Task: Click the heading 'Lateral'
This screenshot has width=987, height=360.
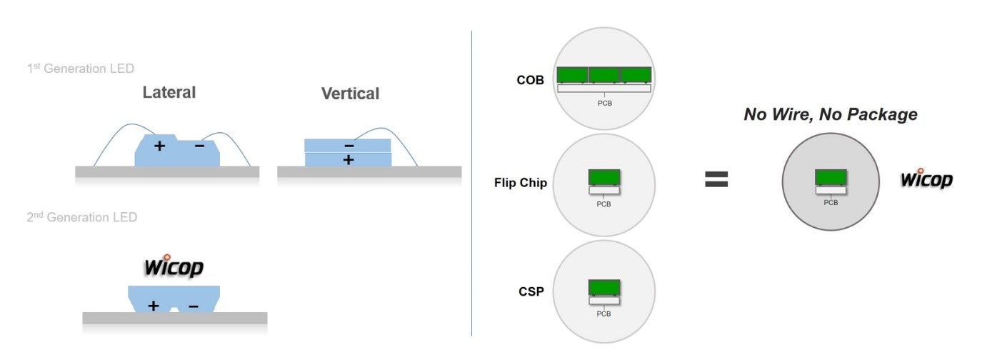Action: [x=169, y=93]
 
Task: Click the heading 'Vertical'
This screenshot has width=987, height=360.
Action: [x=350, y=94]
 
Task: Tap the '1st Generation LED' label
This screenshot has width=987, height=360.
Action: [x=79, y=69]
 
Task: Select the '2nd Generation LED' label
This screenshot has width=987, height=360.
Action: [x=81, y=218]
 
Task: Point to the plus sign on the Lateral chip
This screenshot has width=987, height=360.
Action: [x=159, y=146]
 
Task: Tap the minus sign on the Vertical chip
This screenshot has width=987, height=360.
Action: [x=349, y=145]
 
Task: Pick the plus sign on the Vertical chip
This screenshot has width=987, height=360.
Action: [x=349, y=160]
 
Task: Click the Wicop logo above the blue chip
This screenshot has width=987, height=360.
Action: [x=174, y=266]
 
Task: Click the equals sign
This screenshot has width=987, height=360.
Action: [x=716, y=179]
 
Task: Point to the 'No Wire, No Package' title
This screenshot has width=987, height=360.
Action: [x=831, y=114]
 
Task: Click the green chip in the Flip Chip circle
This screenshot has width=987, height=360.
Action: [x=603, y=177]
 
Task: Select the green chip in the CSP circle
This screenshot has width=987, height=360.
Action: [x=603, y=288]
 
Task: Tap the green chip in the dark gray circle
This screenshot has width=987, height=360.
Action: [x=831, y=177]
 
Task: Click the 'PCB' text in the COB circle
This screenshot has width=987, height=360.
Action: [x=604, y=103]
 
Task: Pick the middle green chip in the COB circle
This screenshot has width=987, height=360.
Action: [x=604, y=74]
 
